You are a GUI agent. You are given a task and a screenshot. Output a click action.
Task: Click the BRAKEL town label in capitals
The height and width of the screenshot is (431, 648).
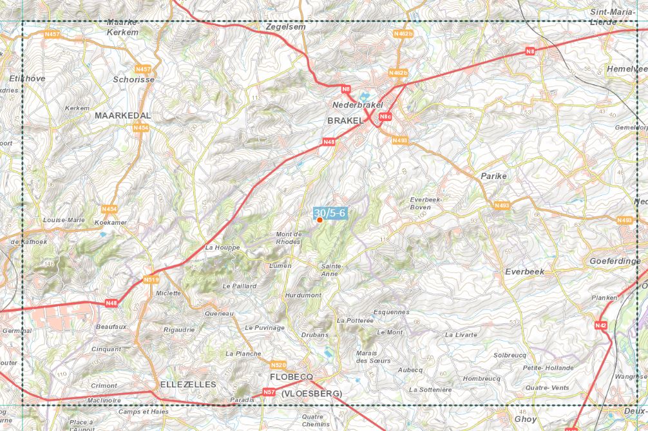[x=347, y=120]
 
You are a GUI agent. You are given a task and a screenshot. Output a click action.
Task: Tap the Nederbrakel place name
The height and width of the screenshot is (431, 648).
[x=357, y=104]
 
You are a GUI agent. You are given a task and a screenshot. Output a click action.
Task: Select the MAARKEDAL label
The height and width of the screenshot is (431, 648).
[x=122, y=115]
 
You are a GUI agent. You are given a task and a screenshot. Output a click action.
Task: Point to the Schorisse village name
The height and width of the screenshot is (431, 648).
[x=134, y=79]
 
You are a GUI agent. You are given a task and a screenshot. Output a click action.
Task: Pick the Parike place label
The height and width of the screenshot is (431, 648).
[x=493, y=176]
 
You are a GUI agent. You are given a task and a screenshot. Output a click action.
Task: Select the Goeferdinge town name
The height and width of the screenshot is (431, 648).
[x=615, y=261]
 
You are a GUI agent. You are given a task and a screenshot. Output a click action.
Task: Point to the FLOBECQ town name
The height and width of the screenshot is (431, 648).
[x=292, y=376]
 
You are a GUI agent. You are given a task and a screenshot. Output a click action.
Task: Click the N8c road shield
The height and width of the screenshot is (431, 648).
[x=385, y=117]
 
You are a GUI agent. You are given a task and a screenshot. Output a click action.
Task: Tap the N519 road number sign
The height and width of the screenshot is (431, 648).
[x=151, y=279]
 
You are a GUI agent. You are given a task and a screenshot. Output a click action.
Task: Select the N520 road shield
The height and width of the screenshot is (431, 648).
[x=278, y=364]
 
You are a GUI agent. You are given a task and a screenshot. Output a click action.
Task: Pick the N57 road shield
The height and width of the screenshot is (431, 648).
[x=269, y=392]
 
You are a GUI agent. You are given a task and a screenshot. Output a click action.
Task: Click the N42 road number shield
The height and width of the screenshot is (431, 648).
[x=600, y=325]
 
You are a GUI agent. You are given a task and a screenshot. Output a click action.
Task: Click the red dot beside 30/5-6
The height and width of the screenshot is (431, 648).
[x=319, y=220]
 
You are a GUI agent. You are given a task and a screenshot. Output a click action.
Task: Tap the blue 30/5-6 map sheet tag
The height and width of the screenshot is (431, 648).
[x=330, y=213]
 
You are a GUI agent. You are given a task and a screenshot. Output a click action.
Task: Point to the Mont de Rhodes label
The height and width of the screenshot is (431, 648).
[x=288, y=238]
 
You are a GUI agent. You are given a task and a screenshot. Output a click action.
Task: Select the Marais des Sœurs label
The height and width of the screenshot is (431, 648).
[x=373, y=357]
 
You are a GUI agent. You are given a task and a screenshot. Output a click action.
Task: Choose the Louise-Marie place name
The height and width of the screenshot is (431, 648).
[x=64, y=220]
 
